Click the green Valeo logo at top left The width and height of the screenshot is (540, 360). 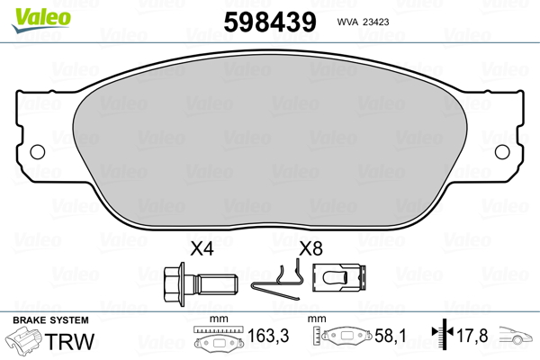click(41, 19)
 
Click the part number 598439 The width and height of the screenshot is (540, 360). click(270, 22)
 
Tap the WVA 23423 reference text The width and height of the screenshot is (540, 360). click(363, 22)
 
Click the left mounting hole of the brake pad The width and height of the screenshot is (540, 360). click(38, 152)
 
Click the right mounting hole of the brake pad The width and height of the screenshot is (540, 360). click(502, 152)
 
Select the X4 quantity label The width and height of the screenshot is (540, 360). click(202, 248)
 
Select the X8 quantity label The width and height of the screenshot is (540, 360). click(310, 248)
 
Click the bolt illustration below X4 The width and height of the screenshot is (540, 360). click(201, 284)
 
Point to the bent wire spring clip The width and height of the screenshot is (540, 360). click(278, 280)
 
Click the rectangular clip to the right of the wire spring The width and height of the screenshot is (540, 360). click(339, 278)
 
